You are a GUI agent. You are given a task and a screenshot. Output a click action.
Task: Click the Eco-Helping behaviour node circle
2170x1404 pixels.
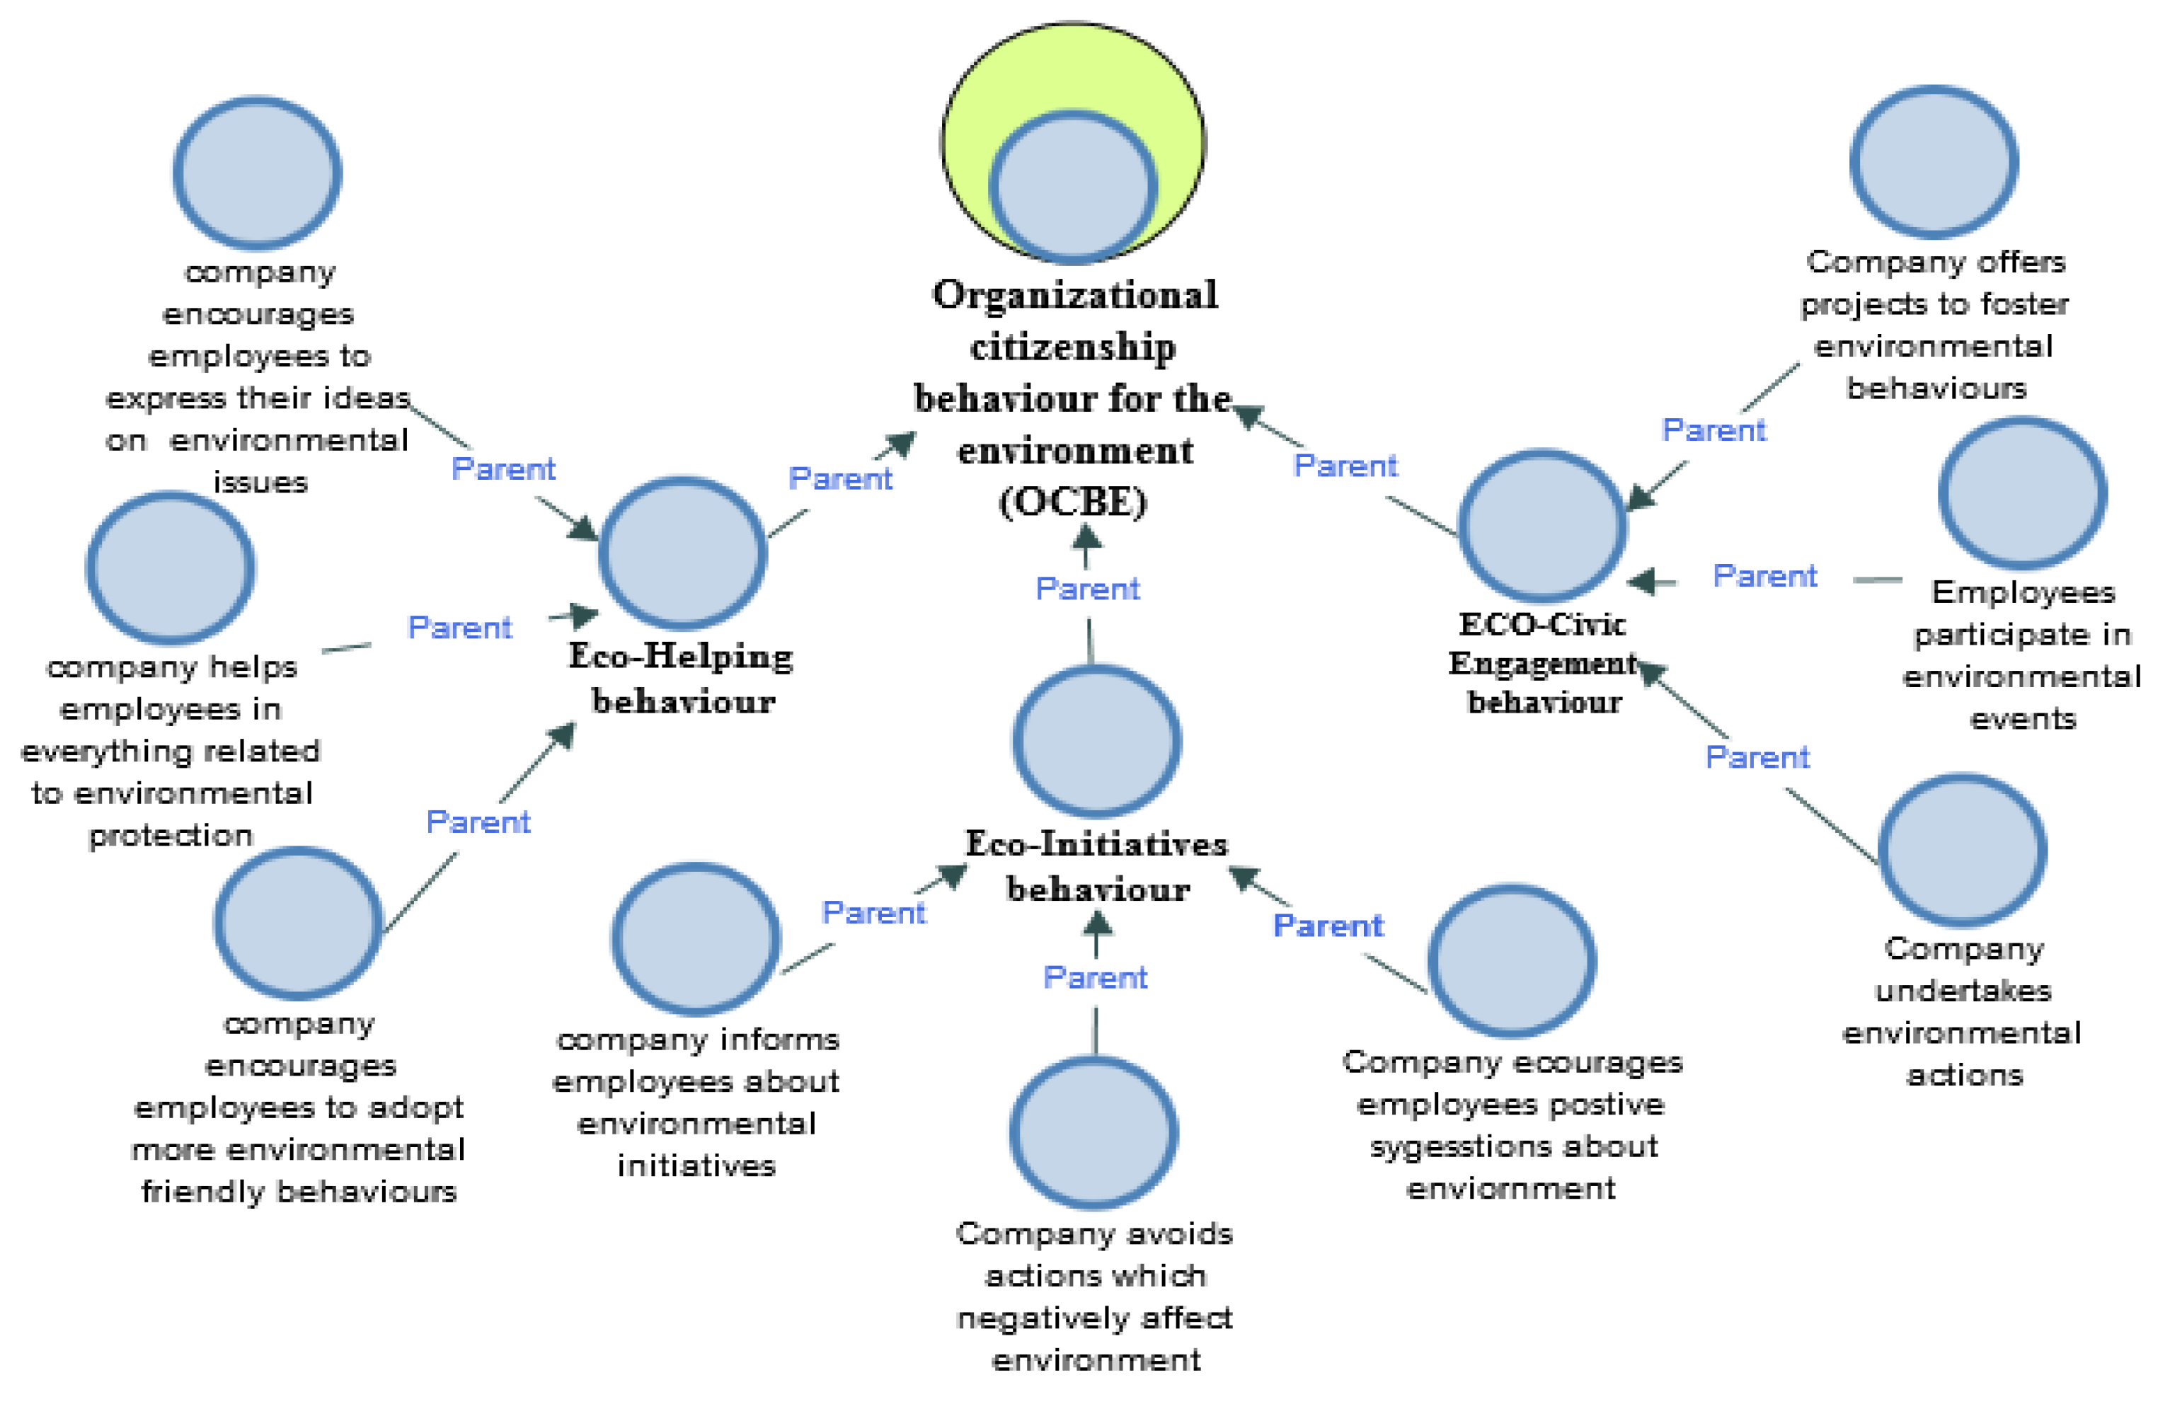[682, 553]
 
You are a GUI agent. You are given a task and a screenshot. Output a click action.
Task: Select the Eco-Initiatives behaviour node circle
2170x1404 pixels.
[1097, 740]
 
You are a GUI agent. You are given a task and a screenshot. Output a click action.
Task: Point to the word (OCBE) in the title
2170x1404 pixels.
[1072, 502]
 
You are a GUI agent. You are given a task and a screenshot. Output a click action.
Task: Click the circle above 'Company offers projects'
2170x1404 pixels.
[1934, 161]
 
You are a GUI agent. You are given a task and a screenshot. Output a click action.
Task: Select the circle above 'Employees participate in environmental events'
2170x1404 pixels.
[2022, 493]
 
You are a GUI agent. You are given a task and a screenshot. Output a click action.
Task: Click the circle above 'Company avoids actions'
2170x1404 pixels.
[1094, 1132]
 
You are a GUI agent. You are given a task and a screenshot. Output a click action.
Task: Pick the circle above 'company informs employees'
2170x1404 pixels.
[696, 938]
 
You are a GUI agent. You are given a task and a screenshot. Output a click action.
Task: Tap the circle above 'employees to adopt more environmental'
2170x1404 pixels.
[298, 923]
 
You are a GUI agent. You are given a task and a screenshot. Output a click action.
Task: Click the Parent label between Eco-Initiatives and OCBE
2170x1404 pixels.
[1088, 589]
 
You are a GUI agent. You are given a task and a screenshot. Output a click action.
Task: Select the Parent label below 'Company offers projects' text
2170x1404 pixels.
[1713, 430]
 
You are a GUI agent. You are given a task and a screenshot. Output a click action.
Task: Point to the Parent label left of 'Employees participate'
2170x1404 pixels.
[1764, 576]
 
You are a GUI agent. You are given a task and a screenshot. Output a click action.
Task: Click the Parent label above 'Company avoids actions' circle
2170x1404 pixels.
[1095, 977]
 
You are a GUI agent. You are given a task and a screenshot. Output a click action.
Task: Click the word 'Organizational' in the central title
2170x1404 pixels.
[1074, 295]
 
